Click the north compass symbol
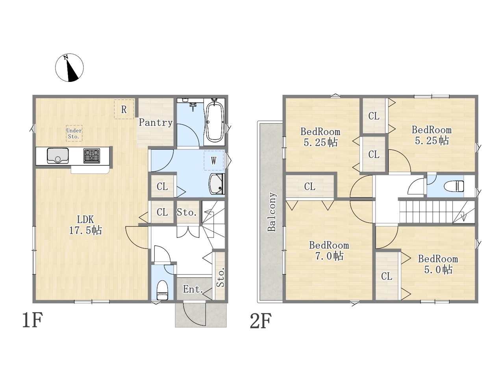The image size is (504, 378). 69,68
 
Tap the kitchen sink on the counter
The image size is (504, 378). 57,156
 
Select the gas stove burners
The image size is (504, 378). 92,156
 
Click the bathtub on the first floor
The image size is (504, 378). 215,121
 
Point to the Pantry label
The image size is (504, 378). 156,122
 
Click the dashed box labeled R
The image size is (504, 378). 124,109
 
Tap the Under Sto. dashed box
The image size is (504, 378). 74,133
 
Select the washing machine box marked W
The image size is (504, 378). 213,160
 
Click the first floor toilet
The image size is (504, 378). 162,290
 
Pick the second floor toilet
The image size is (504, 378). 454,186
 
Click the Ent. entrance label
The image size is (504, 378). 193,289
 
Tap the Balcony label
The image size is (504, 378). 272,212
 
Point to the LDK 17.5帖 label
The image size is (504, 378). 85,225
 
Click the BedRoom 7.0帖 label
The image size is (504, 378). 329,250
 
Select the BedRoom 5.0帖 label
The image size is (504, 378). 438,264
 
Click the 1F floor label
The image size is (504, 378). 32,321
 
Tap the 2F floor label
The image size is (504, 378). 261,321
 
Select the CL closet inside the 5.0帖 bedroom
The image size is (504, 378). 387,276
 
